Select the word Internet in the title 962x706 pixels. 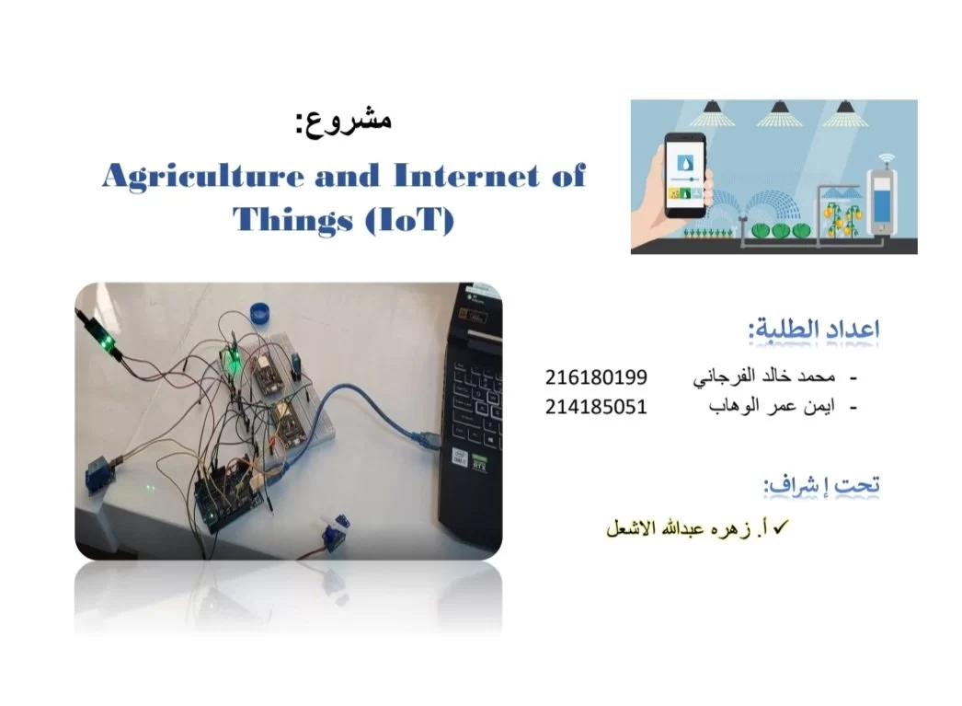coord(466,176)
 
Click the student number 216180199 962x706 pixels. coord(596,377)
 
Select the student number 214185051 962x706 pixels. coord(596,407)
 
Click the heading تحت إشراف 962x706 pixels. coord(822,485)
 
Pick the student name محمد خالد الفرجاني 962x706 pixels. coord(764,377)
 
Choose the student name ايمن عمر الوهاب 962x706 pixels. coord(772,407)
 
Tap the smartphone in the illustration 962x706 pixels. coord(685,176)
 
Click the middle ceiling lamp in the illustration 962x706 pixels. coord(779,114)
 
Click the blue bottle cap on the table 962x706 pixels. coord(262,312)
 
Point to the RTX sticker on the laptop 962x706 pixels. coord(479,464)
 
